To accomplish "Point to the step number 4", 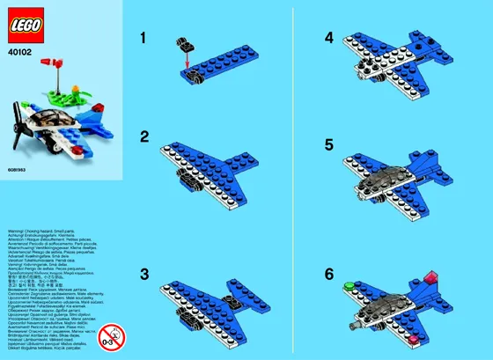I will pyautogui.click(x=327, y=39).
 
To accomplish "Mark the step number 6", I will pyautogui.click(x=327, y=274).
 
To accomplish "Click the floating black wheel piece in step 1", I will pyautogui.click(x=188, y=42).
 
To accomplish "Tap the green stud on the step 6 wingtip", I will pyautogui.click(x=350, y=284).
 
